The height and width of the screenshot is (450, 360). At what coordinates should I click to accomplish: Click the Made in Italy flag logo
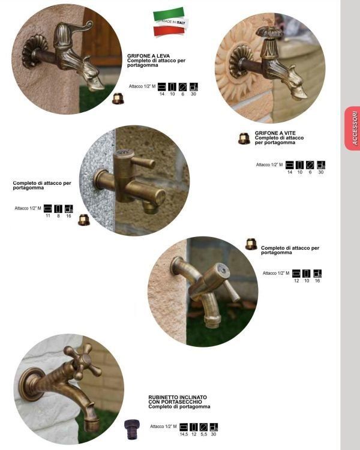[170, 22]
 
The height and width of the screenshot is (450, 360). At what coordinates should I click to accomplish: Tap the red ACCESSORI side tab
[353, 128]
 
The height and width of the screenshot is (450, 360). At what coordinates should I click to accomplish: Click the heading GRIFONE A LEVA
[148, 56]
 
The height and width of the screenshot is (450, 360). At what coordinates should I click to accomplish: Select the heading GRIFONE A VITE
[275, 133]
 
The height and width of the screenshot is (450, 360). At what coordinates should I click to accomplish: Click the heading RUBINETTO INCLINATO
[178, 397]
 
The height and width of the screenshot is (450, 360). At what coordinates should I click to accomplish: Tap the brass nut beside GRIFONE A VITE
[244, 139]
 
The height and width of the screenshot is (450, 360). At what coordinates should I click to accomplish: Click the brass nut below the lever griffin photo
[118, 98]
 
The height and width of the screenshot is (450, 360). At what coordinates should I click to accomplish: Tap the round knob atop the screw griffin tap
[269, 32]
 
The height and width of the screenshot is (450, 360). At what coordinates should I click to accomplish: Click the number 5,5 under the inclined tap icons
[204, 434]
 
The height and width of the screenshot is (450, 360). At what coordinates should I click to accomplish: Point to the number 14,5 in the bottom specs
[184, 434]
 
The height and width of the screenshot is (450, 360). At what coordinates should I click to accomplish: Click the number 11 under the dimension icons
[48, 215]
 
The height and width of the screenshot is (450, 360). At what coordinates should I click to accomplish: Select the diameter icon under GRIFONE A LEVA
[182, 86]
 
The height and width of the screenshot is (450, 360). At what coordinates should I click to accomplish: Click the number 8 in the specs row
[58, 215]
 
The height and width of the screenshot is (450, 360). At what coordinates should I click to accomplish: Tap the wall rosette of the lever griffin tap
[35, 52]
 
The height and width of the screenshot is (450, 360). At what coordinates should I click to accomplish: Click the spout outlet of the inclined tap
[92, 422]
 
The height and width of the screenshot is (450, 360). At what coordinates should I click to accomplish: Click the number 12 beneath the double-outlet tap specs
[296, 281]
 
